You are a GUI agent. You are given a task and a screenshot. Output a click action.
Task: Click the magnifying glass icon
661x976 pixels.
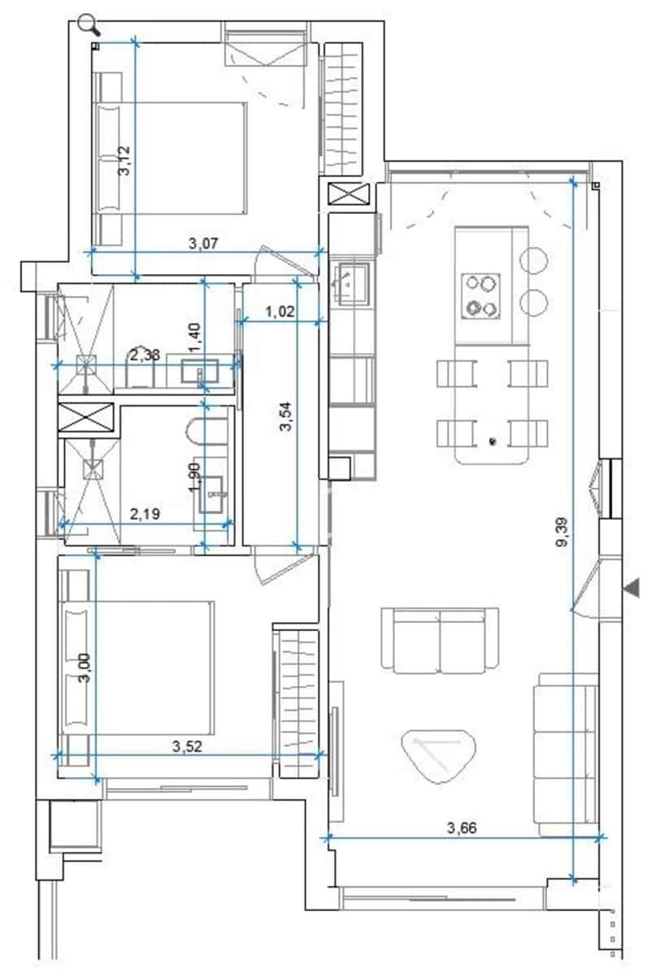[x=89, y=25]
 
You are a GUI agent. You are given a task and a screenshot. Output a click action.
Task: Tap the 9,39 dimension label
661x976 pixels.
[x=563, y=533]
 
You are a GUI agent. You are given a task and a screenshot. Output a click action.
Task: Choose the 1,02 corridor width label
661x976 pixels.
[x=279, y=310]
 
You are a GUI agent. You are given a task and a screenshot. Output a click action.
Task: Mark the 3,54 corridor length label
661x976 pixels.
[x=285, y=415]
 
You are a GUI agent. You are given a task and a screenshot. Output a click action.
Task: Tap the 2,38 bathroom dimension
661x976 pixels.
[x=145, y=355]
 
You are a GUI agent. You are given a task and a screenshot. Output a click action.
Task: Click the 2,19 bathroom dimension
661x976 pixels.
[x=145, y=513]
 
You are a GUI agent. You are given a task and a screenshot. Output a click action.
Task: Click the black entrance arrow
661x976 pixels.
[x=631, y=588]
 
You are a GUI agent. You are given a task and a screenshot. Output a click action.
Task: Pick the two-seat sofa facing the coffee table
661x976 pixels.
[x=440, y=640]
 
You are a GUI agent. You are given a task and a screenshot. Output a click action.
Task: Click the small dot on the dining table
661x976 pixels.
[x=492, y=442]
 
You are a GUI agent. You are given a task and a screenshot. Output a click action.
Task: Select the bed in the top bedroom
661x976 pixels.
[x=171, y=158]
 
